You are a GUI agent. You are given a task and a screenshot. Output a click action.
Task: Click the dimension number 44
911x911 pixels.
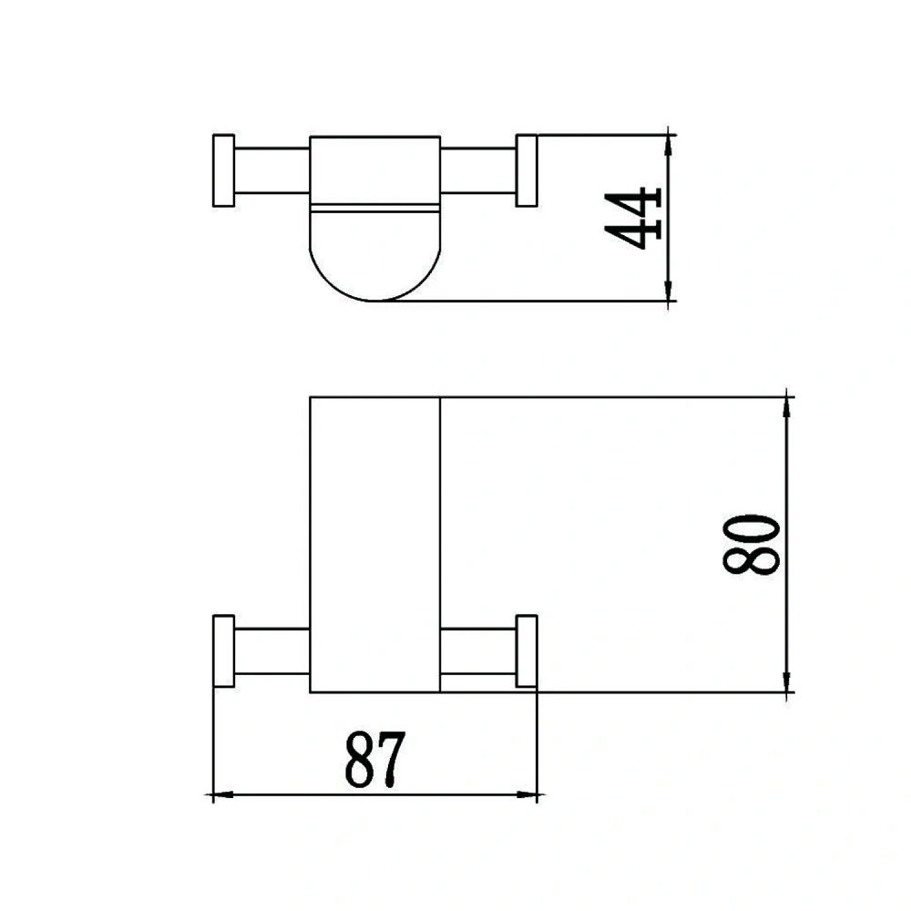[633, 218]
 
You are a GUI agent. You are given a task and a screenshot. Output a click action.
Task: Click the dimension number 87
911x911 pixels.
[375, 759]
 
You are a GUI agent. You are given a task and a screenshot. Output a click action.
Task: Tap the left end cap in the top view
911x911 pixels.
[224, 170]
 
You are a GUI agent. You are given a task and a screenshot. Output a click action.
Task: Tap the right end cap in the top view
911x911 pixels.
[527, 170]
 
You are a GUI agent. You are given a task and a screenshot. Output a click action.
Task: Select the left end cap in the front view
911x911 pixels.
[224, 650]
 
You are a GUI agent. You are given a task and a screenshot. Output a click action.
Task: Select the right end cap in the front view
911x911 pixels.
[527, 650]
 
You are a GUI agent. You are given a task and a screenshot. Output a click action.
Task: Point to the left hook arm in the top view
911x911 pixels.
[271, 170]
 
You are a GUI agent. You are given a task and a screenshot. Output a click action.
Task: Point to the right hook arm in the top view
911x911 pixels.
[478, 170]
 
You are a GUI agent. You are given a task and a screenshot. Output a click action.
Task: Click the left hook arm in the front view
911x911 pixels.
[271, 651]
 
